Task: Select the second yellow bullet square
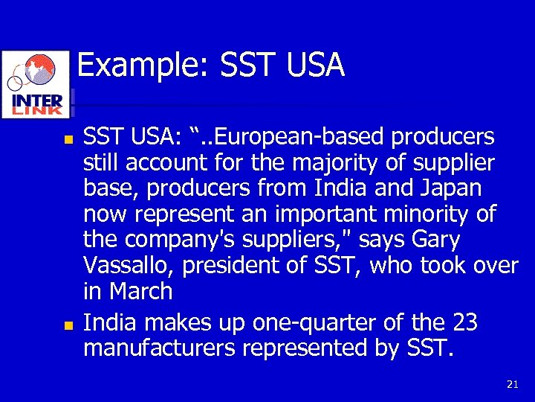point(68,325)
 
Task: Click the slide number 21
point(512,384)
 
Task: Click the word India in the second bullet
point(108,323)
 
